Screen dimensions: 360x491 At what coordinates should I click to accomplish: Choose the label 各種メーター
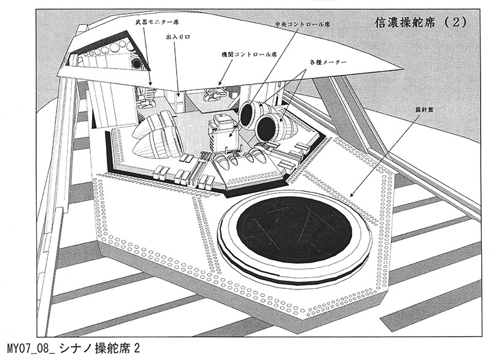point(328,63)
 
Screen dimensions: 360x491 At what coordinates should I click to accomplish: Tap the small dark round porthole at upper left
point(136,63)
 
